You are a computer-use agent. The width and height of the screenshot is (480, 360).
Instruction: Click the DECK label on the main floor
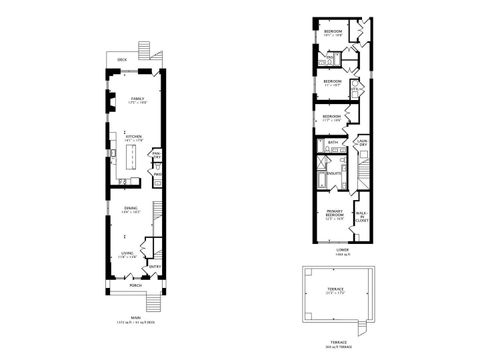[x=122, y=60]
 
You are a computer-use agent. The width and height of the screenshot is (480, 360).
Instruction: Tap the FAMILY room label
[x=137, y=98]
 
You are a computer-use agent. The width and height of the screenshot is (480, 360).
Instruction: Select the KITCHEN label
[x=134, y=137]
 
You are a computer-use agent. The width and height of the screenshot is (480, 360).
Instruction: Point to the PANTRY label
[x=157, y=155]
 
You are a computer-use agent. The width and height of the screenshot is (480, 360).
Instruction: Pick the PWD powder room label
[x=157, y=174]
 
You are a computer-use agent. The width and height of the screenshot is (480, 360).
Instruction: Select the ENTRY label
[x=155, y=266]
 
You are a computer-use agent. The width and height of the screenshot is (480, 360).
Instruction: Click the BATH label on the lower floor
[x=333, y=143]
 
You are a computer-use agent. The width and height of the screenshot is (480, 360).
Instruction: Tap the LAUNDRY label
[x=362, y=142]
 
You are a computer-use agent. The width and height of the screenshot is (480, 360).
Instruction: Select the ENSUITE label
[x=334, y=174]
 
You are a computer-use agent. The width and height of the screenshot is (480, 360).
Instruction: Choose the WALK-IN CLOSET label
[x=361, y=214]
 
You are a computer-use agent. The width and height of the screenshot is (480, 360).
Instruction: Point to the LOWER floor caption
[x=342, y=250]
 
